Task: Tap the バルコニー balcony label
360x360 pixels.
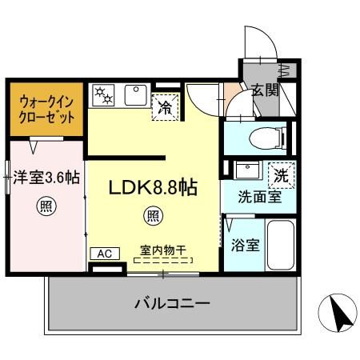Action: click(x=172, y=304)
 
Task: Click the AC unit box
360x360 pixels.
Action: click(x=103, y=254)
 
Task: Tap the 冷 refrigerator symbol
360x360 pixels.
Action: click(x=166, y=105)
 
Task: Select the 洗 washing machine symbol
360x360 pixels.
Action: click(x=281, y=171)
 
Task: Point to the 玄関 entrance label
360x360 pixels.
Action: click(x=264, y=90)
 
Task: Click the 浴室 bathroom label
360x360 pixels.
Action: click(x=244, y=245)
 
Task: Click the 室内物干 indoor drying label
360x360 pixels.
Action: click(x=163, y=250)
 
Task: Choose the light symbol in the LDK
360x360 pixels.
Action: click(x=152, y=214)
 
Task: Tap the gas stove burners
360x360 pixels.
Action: click(x=105, y=95)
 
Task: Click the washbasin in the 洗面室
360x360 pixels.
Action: click(x=246, y=170)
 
